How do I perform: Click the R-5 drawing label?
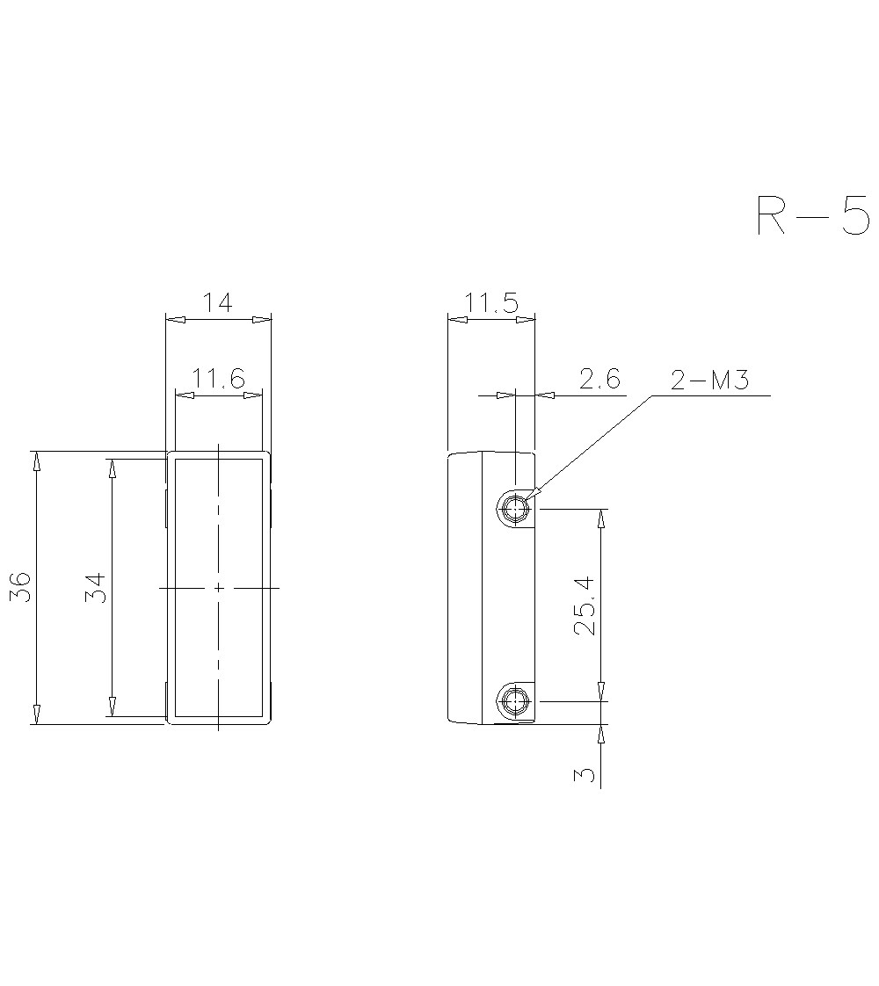coord(813,215)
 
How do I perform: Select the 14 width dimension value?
coord(217,302)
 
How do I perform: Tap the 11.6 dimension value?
coord(217,379)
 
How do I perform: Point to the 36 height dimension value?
coord(23,587)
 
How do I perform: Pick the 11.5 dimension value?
coord(491,304)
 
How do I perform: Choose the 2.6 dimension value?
coord(599,379)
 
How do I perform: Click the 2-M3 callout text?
coord(710,381)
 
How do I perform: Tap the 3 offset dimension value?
coord(585,773)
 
